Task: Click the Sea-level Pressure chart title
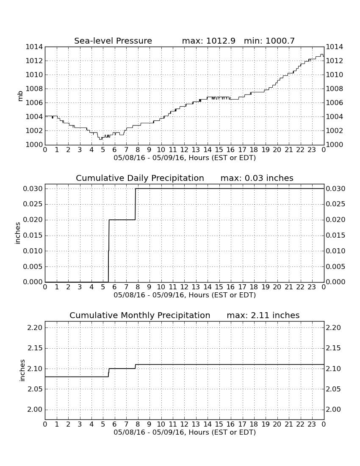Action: (x=113, y=41)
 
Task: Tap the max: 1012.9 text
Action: (x=208, y=41)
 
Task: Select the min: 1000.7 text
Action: (x=269, y=41)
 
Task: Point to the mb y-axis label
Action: (x=20, y=96)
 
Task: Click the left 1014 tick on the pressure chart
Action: (x=34, y=47)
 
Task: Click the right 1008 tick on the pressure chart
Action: (x=335, y=89)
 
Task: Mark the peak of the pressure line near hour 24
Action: (x=322, y=55)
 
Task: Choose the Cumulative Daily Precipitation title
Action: (x=140, y=178)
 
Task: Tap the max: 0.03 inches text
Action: (x=257, y=178)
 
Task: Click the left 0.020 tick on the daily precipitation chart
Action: (x=33, y=220)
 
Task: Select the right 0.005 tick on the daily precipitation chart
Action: (x=335, y=266)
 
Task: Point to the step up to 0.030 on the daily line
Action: (x=136, y=204)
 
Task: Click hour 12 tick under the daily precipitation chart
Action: (x=184, y=287)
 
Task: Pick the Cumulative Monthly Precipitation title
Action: (x=140, y=315)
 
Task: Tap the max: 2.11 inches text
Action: (x=263, y=315)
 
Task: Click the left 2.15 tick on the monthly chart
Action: (x=35, y=348)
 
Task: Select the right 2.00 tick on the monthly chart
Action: (x=334, y=410)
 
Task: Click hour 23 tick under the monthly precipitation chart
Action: (x=312, y=424)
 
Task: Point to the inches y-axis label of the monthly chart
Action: (x=22, y=370)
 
